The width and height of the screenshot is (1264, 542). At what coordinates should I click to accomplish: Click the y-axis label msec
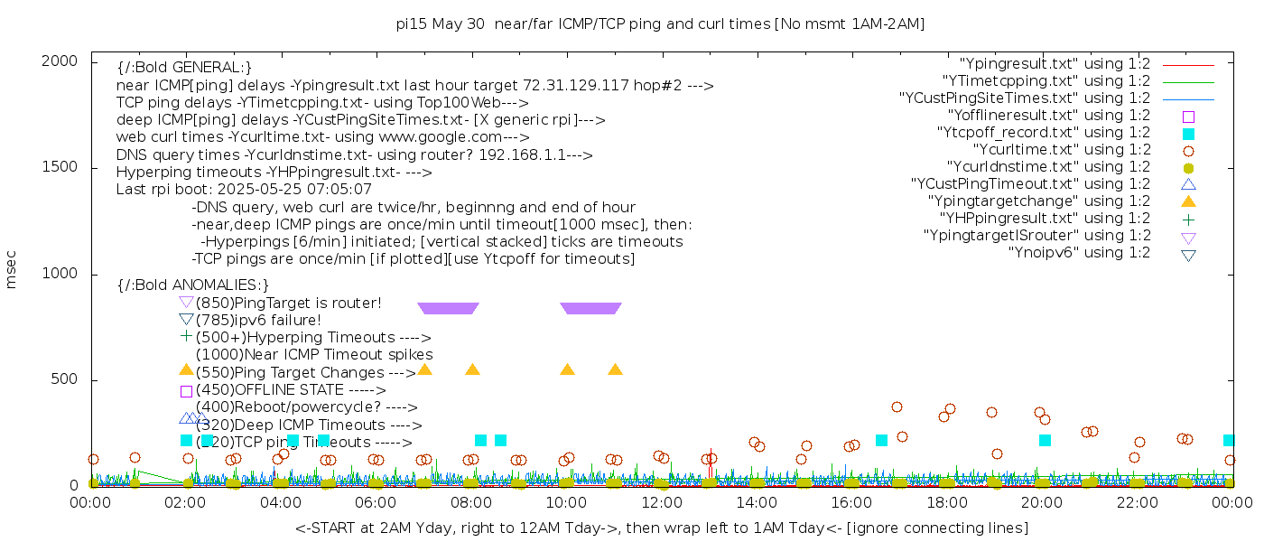tap(12, 269)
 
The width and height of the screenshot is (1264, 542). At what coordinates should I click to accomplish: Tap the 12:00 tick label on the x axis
tap(662, 503)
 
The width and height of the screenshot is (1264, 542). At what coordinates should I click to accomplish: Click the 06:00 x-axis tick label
tap(376, 503)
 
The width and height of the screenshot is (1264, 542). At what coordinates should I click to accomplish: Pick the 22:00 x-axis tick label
tap(1137, 503)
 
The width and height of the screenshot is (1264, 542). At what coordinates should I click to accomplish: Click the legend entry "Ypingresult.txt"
tap(1055, 64)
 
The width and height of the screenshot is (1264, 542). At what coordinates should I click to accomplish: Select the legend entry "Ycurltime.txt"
tap(1061, 150)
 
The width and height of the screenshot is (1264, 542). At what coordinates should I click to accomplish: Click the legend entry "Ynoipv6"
tap(1079, 253)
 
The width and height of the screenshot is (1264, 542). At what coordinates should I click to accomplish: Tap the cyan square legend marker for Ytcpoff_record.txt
tap(1188, 134)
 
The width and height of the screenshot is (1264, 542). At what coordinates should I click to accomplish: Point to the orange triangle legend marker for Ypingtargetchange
tap(1188, 201)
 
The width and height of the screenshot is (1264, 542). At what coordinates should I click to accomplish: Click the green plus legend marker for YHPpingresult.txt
tap(1188, 219)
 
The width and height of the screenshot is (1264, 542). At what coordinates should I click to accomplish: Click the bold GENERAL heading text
tap(184, 68)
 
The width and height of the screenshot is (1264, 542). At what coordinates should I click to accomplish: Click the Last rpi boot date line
tap(244, 190)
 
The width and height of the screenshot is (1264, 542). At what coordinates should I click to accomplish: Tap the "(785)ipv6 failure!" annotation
tap(258, 320)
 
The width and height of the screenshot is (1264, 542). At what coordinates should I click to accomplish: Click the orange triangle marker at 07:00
tap(424, 369)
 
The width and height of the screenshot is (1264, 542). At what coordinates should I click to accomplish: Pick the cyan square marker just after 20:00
tap(1045, 440)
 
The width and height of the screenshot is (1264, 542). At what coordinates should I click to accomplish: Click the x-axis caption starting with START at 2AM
tap(662, 528)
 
